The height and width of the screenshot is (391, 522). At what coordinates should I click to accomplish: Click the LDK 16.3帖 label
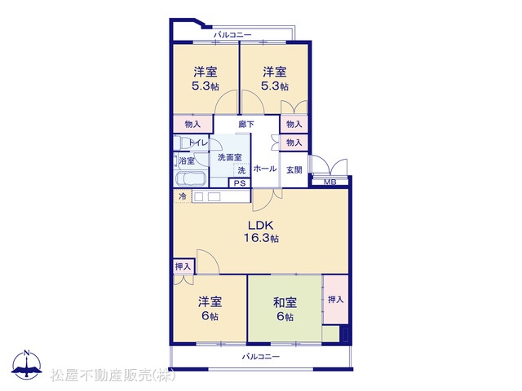click(261, 231)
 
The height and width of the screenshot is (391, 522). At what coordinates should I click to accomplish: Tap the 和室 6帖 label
click(285, 310)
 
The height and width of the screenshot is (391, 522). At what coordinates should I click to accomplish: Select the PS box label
click(240, 183)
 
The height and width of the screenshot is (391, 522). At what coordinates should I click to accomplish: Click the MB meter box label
click(330, 182)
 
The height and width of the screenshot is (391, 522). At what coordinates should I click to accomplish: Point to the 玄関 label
click(294, 170)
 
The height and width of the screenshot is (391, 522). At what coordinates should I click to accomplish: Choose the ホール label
click(265, 169)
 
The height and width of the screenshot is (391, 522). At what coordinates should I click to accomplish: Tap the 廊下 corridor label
click(246, 125)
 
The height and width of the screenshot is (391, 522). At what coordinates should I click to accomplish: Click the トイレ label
click(198, 143)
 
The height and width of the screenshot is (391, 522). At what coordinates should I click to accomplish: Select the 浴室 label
click(187, 161)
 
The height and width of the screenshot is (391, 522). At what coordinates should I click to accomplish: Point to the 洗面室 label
click(230, 157)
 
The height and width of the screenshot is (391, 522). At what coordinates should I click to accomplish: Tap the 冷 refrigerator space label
click(183, 196)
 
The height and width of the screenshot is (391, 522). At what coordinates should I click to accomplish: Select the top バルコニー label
click(232, 34)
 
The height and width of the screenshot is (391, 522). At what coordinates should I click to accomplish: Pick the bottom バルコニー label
click(261, 357)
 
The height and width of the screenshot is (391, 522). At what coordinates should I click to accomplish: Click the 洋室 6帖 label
click(210, 309)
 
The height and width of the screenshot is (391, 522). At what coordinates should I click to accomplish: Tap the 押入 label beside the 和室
click(335, 300)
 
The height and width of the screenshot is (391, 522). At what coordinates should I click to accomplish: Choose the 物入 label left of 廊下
click(192, 125)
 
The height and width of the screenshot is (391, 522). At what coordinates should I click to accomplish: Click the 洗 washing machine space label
click(241, 170)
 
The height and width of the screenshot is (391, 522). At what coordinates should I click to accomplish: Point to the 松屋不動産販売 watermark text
click(113, 376)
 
